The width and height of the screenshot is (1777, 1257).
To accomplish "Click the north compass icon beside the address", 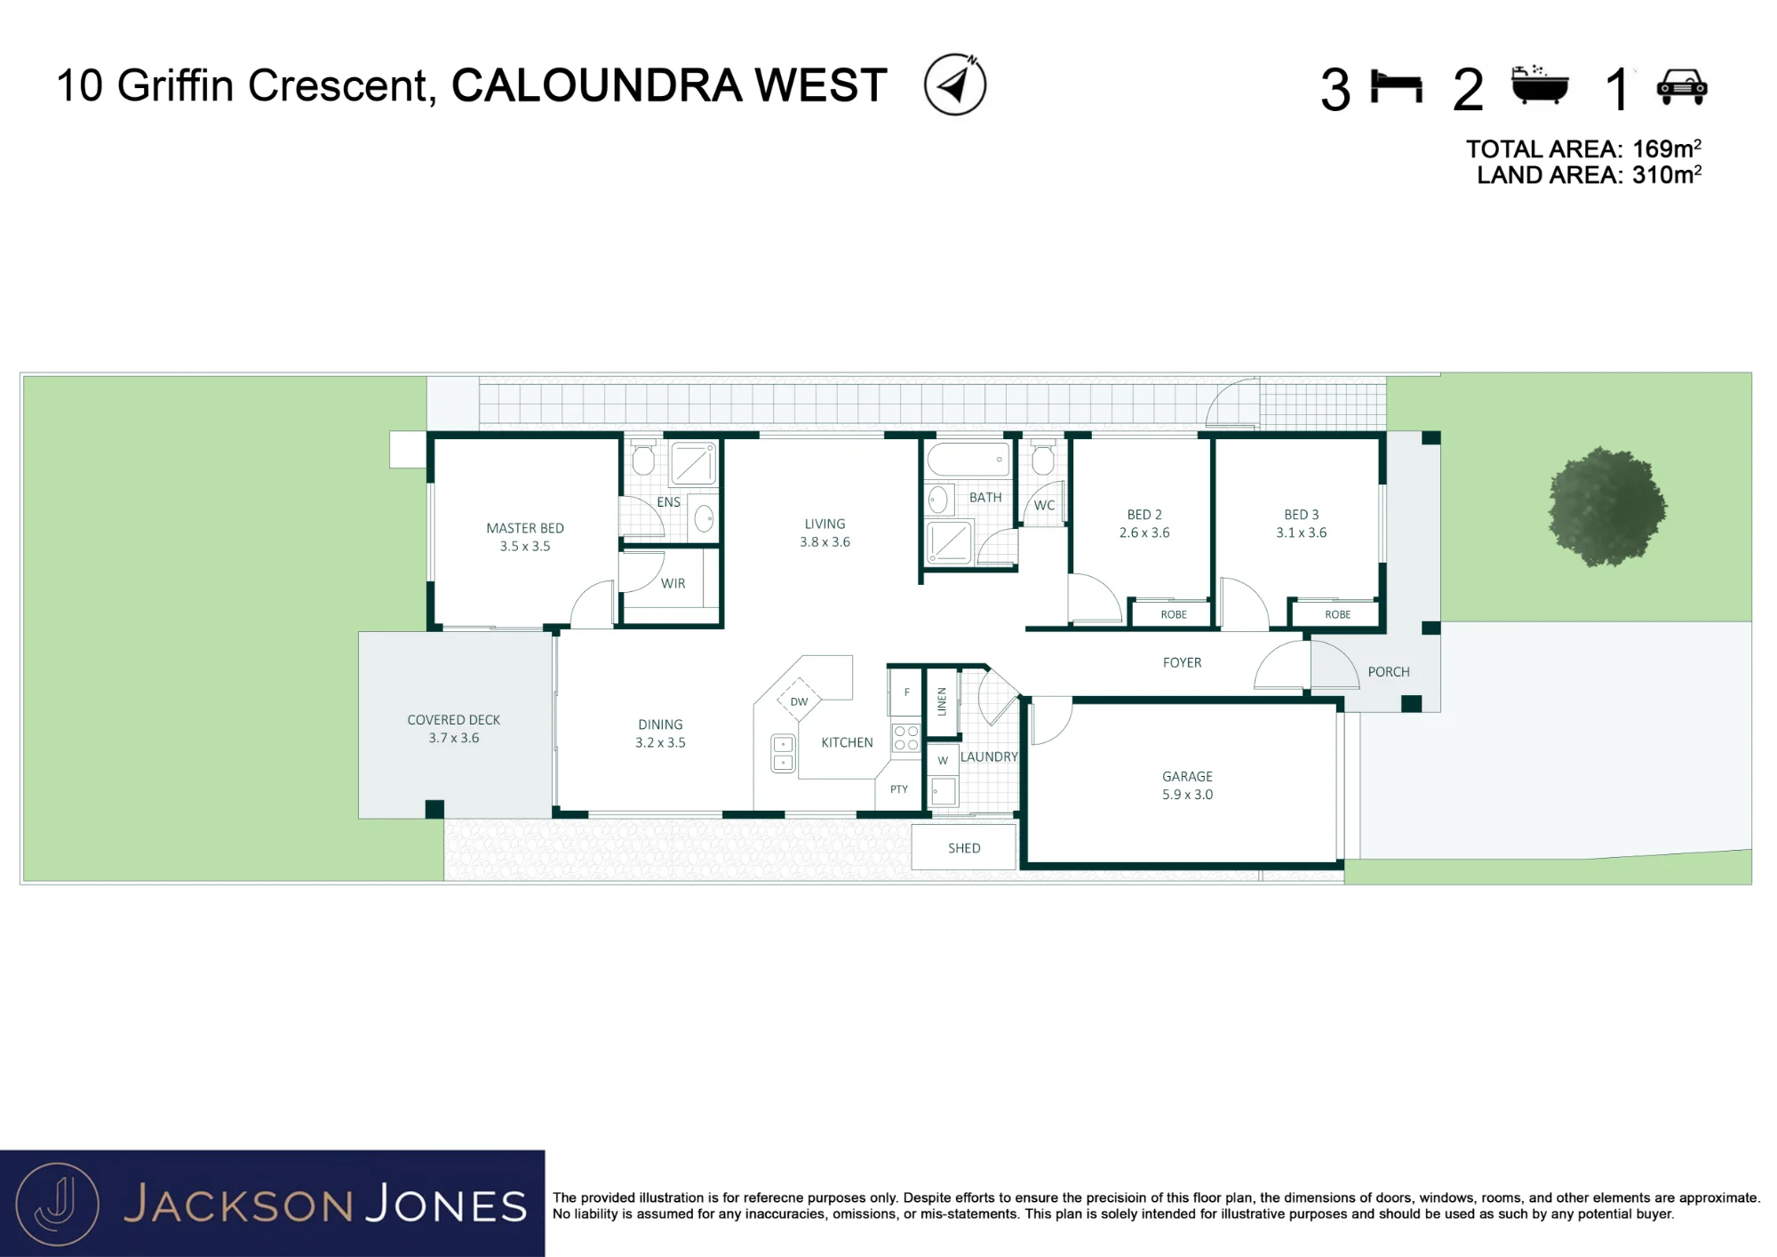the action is [x=955, y=84].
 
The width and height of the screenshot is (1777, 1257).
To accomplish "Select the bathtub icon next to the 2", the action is [x=1540, y=85].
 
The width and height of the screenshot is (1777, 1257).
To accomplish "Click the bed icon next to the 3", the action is [x=1397, y=87].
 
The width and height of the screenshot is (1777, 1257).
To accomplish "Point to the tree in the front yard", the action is [x=1606, y=507].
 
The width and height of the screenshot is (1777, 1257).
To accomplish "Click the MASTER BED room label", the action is [x=525, y=528].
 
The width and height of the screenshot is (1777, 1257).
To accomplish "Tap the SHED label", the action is [x=964, y=848].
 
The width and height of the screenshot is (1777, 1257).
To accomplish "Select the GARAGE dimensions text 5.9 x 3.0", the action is [x=1187, y=795].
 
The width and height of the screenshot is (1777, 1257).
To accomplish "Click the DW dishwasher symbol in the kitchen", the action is [x=799, y=701].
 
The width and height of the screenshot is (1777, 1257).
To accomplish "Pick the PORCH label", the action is [x=1389, y=672].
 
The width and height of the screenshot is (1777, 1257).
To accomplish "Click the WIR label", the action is [x=673, y=584].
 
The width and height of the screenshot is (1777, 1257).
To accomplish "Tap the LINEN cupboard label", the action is [x=942, y=701].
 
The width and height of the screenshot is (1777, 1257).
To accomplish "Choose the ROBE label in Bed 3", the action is [x=1337, y=615].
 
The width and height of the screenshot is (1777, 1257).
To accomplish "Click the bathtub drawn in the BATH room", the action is [x=968, y=460].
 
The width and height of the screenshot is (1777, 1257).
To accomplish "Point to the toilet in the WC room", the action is [x=1042, y=457].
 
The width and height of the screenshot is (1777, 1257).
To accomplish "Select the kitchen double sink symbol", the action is [x=783, y=753].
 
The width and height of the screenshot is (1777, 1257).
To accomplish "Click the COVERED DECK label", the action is [x=453, y=720].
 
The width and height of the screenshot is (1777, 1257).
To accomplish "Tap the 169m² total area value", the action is [x=1667, y=148].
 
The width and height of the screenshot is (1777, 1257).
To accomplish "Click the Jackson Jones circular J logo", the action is [x=58, y=1205].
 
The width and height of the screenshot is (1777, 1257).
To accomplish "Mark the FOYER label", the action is [x=1182, y=663].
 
